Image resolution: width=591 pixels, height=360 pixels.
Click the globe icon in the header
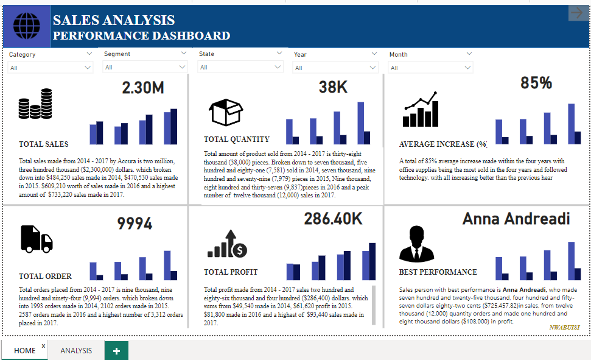pyautogui.click(x=26, y=26)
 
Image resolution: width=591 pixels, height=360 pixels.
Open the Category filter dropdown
pyautogui.click(x=51, y=68)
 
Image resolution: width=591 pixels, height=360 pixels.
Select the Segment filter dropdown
pyautogui.click(x=145, y=67)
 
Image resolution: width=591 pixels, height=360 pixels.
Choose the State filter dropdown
pyautogui.click(x=241, y=67)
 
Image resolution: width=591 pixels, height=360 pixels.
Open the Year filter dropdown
pyautogui.click(x=336, y=68)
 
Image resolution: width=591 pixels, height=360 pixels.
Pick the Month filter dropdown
pyautogui.click(x=431, y=68)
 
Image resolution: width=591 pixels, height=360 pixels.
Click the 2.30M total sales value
pyautogui.click(x=143, y=88)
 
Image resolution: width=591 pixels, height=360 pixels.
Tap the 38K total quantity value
pyautogui.click(x=333, y=88)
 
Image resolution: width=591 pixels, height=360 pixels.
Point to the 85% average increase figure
pyautogui.click(x=536, y=83)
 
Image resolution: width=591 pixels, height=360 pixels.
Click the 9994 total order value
pyautogui.click(x=135, y=224)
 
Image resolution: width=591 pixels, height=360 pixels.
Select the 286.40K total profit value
pyautogui.click(x=333, y=219)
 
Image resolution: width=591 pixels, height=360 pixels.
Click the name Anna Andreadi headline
pyautogui.click(x=516, y=219)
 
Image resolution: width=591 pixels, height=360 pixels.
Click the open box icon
pyautogui.click(x=226, y=113)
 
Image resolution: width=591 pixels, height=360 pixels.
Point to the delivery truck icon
pyautogui.click(x=37, y=238)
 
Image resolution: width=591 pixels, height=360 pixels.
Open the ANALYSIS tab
pyautogui.click(x=76, y=350)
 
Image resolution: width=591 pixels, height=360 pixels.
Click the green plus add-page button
pyautogui.click(x=116, y=351)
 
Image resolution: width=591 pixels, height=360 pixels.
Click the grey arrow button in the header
pyautogui.click(x=576, y=13)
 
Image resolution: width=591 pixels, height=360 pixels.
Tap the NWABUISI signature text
pyautogui.click(x=564, y=327)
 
